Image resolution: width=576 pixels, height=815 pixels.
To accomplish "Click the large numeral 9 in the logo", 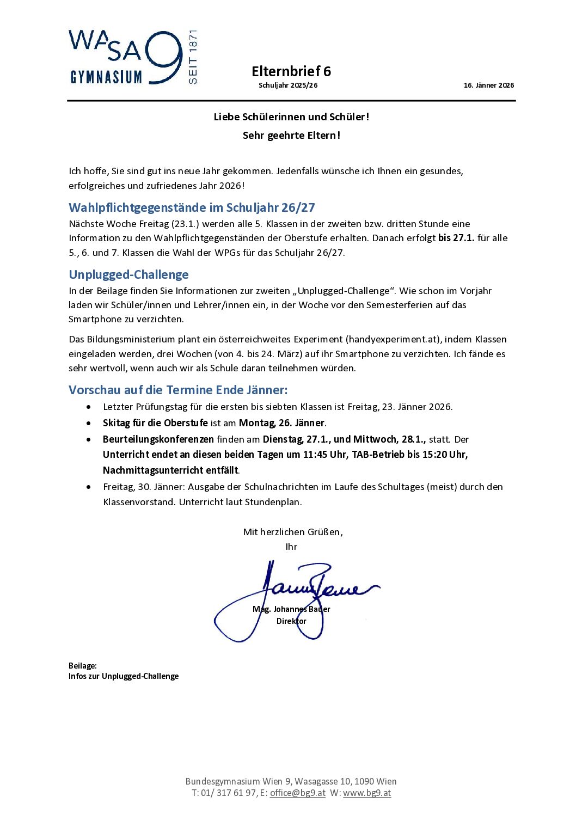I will click(x=163, y=57).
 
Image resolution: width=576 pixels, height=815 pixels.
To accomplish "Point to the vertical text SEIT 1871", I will click(x=192, y=57).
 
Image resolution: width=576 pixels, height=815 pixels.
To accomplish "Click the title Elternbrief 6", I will click(x=291, y=71).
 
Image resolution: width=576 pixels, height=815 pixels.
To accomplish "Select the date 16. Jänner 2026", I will click(x=488, y=85).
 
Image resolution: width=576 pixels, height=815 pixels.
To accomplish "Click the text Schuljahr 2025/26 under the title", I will click(x=288, y=85).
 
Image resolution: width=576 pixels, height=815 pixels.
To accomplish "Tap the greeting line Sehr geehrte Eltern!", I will click(x=291, y=136).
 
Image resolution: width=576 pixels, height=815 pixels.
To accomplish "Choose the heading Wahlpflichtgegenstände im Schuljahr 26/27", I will click(x=192, y=207).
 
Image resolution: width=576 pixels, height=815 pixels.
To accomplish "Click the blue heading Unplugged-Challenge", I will click(x=128, y=274).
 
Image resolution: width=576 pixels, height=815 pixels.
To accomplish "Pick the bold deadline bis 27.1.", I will click(x=456, y=238).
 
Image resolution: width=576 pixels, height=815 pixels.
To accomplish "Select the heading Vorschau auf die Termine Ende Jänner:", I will click(x=178, y=390).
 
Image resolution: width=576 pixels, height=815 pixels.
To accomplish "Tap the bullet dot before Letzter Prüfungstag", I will click(x=89, y=407).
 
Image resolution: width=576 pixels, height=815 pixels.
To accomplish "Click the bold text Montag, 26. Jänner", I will click(x=281, y=423).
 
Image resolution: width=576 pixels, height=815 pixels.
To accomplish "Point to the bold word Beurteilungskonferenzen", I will click(x=158, y=439).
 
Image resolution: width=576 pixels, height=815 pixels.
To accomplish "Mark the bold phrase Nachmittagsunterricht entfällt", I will click(x=170, y=470).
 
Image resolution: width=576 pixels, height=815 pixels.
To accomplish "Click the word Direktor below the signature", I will click(x=291, y=621).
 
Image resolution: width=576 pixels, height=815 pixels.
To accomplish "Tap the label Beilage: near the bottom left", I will click(x=83, y=666).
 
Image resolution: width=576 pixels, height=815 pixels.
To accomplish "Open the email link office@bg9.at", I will click(x=297, y=793).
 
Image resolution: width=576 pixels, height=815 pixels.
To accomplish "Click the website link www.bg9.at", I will click(x=367, y=793).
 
